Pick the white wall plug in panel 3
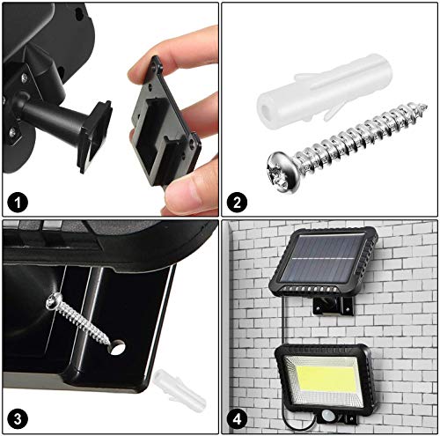click(x=169, y=387)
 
